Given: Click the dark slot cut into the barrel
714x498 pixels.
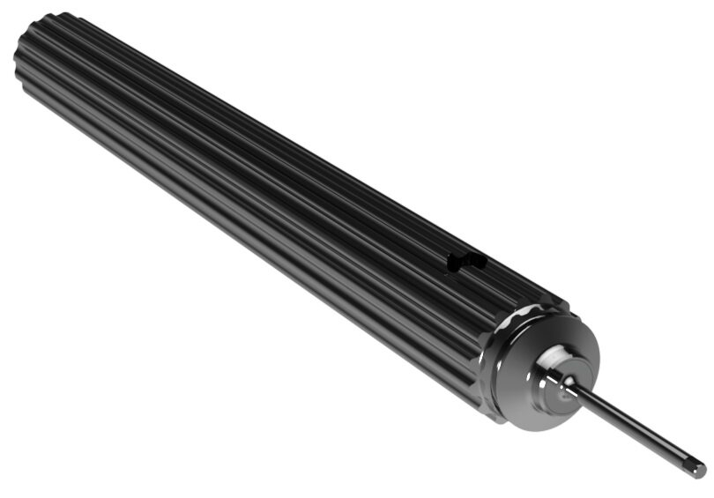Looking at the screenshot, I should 465,262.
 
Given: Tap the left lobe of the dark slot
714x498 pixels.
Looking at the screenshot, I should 455,263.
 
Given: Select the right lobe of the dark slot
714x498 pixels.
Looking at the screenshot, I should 476,259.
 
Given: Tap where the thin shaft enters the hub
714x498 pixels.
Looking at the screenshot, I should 569,384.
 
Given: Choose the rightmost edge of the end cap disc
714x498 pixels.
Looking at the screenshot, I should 599,353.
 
